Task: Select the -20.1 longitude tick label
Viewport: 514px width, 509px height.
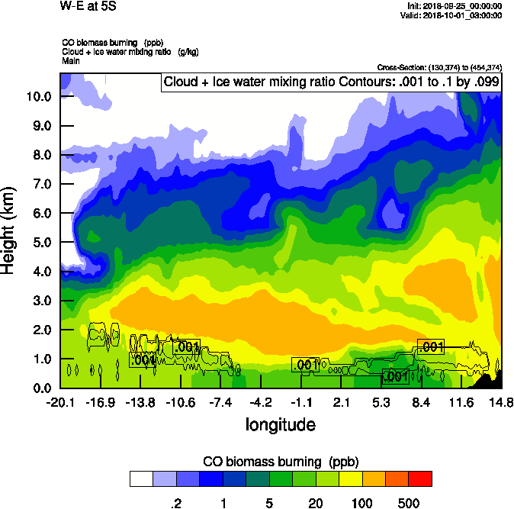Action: (x=59, y=402)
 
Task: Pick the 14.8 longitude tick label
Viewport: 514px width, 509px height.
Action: (x=501, y=402)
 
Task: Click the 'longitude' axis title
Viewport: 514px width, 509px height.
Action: (x=280, y=424)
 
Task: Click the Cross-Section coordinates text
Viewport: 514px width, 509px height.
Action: (x=439, y=67)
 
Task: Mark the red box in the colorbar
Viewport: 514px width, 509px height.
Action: (x=420, y=478)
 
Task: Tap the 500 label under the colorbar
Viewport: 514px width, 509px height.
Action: (x=409, y=503)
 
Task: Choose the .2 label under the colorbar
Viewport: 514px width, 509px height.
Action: (x=175, y=503)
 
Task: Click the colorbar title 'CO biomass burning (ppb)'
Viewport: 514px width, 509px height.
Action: (x=280, y=462)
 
